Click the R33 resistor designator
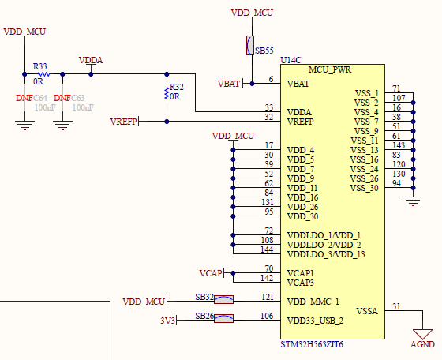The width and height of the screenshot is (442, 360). (x=39, y=66)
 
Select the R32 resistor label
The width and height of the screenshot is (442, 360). (x=176, y=87)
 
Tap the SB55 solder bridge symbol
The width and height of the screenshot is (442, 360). (x=250, y=45)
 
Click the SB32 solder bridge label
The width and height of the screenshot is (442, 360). (x=204, y=297)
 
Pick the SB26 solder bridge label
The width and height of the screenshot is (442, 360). (x=204, y=316)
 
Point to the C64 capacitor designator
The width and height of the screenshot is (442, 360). (x=39, y=98)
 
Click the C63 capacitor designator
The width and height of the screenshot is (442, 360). (x=78, y=98)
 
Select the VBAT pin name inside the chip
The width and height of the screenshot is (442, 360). (x=298, y=83)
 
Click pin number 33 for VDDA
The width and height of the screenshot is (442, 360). (x=268, y=107)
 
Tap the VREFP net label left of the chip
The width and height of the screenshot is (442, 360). (x=124, y=122)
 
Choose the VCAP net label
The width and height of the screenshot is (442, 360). (x=211, y=273)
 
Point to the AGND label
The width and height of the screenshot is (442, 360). (x=422, y=345)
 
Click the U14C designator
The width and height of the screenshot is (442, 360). (x=291, y=60)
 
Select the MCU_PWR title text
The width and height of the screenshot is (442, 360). (x=331, y=69)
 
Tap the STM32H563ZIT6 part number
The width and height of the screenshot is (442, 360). (x=313, y=345)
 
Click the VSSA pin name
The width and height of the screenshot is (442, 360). (x=367, y=311)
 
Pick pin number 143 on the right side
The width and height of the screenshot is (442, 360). (x=398, y=145)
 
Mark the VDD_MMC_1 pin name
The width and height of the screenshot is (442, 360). (x=313, y=302)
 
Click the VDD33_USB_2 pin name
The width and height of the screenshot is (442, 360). (x=316, y=321)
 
